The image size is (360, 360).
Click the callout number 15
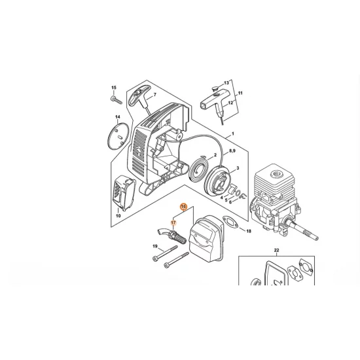113,88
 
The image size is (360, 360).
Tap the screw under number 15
115,99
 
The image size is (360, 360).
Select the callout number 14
118,118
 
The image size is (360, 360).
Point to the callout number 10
118,215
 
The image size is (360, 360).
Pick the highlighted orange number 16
184,207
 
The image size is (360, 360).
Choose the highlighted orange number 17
174,223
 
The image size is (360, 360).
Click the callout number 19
155,246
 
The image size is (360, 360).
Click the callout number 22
276,251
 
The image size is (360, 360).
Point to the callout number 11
240,94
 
